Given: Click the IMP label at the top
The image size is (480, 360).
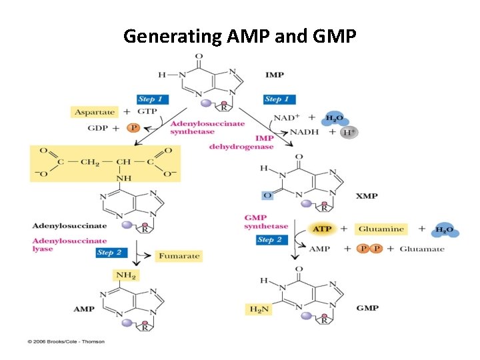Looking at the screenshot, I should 274,75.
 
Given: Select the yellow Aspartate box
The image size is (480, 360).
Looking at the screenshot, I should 93,113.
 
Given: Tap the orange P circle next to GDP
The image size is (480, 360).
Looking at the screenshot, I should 133,127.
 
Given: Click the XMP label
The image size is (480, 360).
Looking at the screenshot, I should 367,196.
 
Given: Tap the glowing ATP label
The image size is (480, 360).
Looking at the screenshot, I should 322,229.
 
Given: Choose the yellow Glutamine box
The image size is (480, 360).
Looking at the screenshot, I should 381,229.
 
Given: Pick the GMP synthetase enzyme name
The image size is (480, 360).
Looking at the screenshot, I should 265,222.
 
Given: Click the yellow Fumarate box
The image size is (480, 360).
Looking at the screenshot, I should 178,255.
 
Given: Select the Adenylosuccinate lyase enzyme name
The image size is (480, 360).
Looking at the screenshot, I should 69,245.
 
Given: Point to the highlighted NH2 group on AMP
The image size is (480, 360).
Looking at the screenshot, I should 126,275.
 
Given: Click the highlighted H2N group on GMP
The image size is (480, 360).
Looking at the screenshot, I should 258,309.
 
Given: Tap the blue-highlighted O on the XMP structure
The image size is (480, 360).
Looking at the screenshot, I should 267,195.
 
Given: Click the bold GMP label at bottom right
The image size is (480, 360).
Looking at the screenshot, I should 367,308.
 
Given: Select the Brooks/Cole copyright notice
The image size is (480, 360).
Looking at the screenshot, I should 66,342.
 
